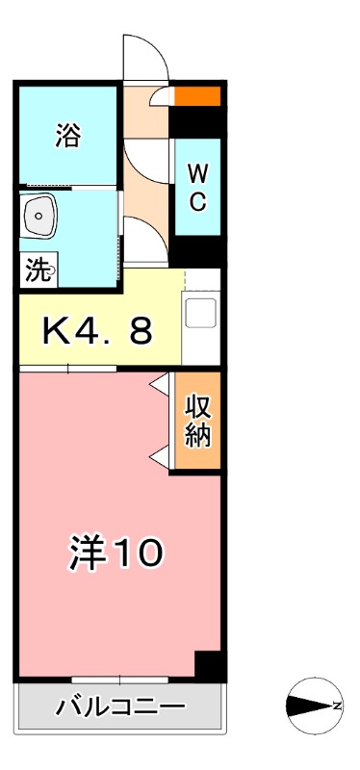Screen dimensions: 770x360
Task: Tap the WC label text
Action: tap(196, 189)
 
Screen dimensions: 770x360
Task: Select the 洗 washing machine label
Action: tap(37, 271)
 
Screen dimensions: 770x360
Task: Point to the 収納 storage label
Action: tap(197, 421)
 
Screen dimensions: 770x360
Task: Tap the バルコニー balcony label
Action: tap(120, 709)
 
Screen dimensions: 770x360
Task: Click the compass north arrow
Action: tap(312, 706)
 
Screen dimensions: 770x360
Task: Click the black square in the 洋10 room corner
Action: tap(208, 665)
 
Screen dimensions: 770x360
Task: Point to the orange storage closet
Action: tap(197, 421)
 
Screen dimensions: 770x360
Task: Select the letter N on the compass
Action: tap(338, 706)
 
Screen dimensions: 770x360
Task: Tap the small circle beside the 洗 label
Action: tap(53, 271)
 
